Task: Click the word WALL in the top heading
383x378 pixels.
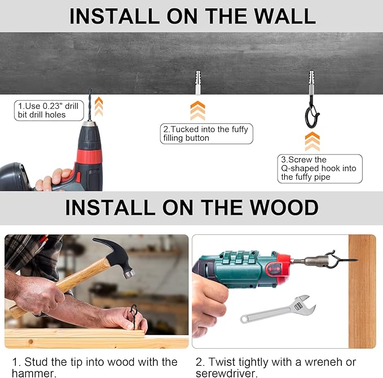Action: coord(285,16)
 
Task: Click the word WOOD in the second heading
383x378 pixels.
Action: coord(284,207)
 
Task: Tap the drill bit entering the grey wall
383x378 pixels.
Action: coord(90,105)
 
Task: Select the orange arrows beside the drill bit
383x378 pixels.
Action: coord(99,106)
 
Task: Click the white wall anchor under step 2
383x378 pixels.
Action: coord(198,82)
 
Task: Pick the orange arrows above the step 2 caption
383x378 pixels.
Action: coord(197,110)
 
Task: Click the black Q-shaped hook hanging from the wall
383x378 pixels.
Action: coord(312,113)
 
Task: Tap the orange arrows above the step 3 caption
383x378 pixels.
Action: coord(312,141)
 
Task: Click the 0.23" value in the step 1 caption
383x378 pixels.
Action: coord(52,106)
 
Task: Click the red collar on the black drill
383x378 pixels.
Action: coord(89,156)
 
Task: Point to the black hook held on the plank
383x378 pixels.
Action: coord(134,315)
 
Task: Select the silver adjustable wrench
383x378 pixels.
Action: coord(278,309)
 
